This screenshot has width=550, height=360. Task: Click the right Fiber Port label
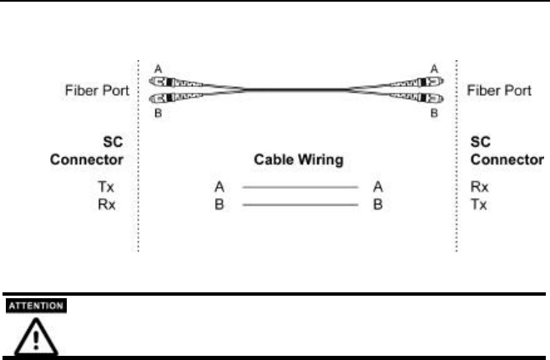506,90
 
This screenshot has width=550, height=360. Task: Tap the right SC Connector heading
506,150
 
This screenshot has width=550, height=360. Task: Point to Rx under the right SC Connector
481,189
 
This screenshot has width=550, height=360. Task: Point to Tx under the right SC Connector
481,203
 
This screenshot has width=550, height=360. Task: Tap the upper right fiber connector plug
419,82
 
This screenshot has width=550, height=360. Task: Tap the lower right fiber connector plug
419,99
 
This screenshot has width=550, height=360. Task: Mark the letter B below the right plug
433,113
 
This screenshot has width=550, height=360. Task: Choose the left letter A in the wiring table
219,189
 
